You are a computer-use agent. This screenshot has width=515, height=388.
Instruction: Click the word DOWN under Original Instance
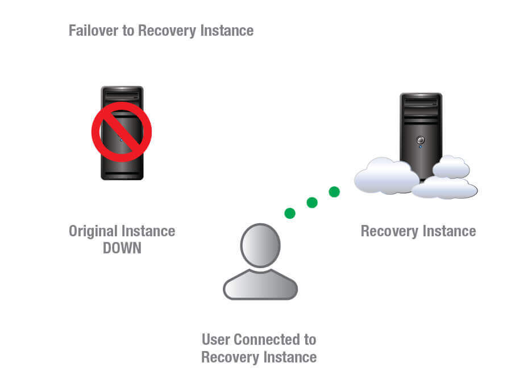click(122, 248)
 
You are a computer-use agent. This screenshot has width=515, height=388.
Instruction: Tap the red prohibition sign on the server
click(122, 132)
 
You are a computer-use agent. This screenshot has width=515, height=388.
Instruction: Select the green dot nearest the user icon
click(290, 214)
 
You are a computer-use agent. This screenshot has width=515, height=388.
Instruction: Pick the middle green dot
click(312, 202)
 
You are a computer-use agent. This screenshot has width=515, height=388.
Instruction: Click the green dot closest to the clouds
click(334, 192)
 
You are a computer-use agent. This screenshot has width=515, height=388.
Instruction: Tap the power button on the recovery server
click(420, 140)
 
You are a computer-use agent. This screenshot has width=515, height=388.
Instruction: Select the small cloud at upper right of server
click(451, 167)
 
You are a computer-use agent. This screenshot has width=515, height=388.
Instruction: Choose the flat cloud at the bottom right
click(445, 189)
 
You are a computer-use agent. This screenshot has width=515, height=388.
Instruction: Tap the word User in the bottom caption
click(217, 340)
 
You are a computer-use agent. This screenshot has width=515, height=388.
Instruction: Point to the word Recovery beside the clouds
click(389, 231)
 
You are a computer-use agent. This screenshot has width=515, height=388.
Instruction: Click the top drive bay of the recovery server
click(421, 101)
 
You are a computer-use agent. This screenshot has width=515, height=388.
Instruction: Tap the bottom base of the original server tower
click(122, 176)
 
